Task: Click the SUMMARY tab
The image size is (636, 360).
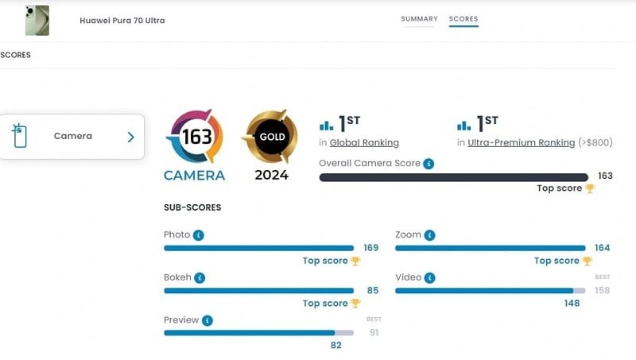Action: [x=419, y=19]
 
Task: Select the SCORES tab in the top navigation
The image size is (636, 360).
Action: [x=463, y=19]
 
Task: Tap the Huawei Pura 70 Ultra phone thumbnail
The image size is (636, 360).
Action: [x=37, y=21]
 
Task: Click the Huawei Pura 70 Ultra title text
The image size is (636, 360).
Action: [x=122, y=21]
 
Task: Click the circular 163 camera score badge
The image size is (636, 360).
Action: [x=195, y=137]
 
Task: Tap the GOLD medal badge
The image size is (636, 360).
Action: [x=271, y=137]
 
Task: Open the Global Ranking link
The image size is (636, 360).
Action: [x=365, y=143]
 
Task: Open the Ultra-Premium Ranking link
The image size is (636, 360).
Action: [x=521, y=143]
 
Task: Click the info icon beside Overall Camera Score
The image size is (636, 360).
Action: [x=429, y=164]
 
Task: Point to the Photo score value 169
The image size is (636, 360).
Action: [x=370, y=248]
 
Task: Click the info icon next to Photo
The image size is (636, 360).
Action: [x=199, y=235]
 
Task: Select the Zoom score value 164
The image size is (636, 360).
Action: [x=603, y=248]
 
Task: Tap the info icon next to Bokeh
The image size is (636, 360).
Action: [x=200, y=278]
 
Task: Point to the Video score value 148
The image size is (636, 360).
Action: [x=572, y=303]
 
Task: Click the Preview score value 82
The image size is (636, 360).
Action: [x=335, y=345]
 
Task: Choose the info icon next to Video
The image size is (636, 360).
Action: [x=429, y=278]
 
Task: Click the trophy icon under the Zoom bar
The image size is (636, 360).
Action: [x=587, y=261]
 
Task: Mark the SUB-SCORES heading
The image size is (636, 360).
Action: [x=192, y=207]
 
